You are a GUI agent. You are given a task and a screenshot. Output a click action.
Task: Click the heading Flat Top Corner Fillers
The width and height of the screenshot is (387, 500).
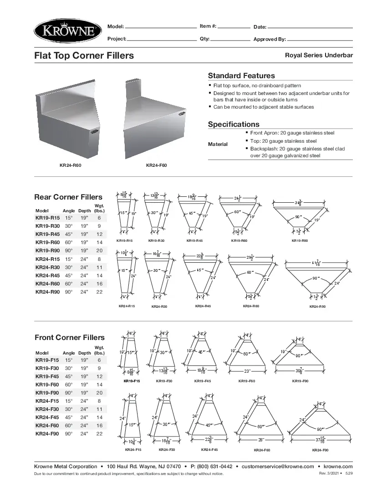pos(84,55)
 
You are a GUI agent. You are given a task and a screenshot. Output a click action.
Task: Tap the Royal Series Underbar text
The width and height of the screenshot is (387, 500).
pos(319,55)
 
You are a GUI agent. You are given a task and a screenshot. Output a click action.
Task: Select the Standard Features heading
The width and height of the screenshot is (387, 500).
pos(241,75)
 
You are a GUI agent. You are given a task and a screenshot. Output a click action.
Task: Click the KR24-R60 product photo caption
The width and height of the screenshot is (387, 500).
pos(71,165)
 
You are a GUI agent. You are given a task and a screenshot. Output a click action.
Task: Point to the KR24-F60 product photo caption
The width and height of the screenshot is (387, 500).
pos(156,165)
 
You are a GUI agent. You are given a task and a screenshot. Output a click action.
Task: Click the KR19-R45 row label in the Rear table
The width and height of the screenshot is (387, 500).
pos(47,234)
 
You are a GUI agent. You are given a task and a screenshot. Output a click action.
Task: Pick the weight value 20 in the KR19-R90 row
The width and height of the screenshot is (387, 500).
pos(99,251)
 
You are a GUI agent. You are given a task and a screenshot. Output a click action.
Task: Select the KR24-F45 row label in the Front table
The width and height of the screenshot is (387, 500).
pos(47,417)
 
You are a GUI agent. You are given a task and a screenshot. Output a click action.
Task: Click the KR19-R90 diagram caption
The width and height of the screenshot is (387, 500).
pos(300,240)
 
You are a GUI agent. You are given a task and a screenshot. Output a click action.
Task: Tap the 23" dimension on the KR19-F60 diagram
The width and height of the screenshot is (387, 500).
pos(247,371)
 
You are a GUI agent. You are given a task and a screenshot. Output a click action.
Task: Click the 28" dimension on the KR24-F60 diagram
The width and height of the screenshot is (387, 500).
pos(261,440)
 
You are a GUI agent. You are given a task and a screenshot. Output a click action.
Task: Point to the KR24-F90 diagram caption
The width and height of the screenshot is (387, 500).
pos(320,450)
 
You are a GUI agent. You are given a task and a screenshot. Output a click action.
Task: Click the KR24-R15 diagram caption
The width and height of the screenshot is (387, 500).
pos(127,306)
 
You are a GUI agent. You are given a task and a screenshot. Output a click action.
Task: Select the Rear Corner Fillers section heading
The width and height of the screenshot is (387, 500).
pos(68,197)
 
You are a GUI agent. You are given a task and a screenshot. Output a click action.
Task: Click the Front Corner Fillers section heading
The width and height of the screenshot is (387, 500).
pos(69,337)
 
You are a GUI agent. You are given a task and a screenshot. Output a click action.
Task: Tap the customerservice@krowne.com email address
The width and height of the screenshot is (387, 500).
pos(278,466)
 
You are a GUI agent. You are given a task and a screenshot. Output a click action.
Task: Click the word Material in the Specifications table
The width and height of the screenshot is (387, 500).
pos(218,144)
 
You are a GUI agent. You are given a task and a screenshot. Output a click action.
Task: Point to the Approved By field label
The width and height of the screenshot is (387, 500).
pos(270,40)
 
